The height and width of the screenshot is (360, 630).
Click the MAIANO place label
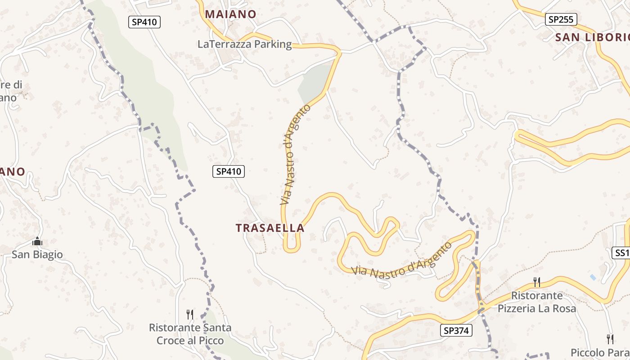[x=230, y=14]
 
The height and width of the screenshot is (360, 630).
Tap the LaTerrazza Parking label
[x=244, y=44]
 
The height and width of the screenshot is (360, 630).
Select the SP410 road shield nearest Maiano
[x=144, y=22]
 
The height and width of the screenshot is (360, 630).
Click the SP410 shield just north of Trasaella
[x=229, y=171]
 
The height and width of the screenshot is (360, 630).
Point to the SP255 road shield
[x=561, y=19]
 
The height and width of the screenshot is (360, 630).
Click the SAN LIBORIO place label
[x=592, y=37]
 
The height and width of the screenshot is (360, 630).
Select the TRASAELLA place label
[x=270, y=228]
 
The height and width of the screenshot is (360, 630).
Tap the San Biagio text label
[x=37, y=255]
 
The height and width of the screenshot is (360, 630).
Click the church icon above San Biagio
[x=37, y=242]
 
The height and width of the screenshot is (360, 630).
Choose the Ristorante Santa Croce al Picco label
[x=190, y=334]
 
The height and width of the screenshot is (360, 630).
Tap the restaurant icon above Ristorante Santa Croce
[x=190, y=314]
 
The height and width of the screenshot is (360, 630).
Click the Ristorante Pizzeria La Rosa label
[x=536, y=302]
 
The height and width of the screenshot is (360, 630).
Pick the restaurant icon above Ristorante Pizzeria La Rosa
[x=536, y=282]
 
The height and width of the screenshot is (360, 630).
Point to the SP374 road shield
[x=456, y=331]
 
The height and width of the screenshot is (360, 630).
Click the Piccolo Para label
[x=600, y=352]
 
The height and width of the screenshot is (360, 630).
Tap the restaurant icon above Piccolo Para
[x=610, y=338]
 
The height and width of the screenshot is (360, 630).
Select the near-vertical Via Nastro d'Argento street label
[x=295, y=155]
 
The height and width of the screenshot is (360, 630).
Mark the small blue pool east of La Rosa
[x=593, y=278]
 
